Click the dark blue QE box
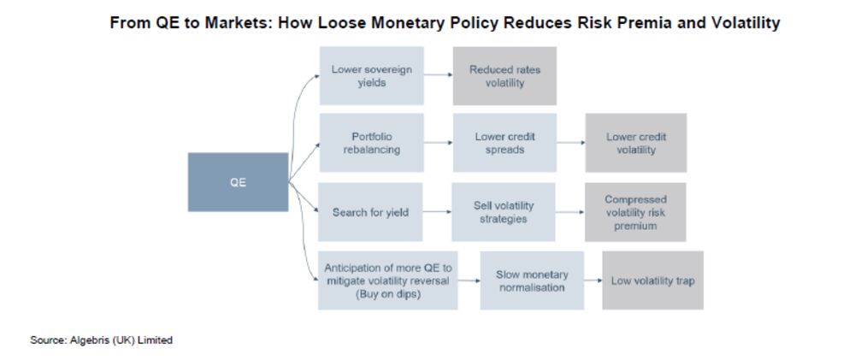pos(238,182)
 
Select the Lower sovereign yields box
pos(371,76)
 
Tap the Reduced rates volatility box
pos(504,76)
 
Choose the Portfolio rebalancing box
pos(371,143)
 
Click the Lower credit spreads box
pos(504,143)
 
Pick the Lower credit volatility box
pos(636,143)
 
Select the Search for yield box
pos(370,211)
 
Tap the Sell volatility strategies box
pos(504,211)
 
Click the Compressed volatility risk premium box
pos(635,211)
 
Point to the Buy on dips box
pos(387,280)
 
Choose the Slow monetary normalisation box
pos(532,280)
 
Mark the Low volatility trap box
pos(652,280)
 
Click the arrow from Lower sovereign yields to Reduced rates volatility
pos(439,75)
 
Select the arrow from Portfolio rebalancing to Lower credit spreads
pos(439,143)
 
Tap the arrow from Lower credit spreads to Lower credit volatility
pos(571,143)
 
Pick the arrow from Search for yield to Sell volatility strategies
pos(437,211)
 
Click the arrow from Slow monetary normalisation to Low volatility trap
pos(593,280)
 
